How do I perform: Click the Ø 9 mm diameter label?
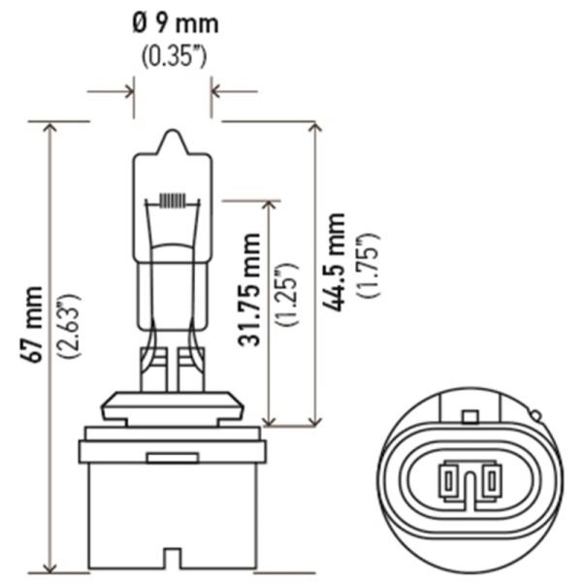pyautogui.click(x=176, y=24)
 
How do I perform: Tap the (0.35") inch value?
pyautogui.click(x=174, y=56)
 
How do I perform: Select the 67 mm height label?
pyautogui.click(x=32, y=325)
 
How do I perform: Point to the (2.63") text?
pyautogui.click(x=68, y=326)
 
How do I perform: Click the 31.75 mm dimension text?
pyautogui.click(x=249, y=289)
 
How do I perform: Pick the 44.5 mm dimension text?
pyautogui.click(x=334, y=262)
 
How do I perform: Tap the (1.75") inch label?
pyautogui.click(x=368, y=265)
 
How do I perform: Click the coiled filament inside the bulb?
pyautogui.click(x=172, y=201)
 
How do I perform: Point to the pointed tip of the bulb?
pyautogui.click(x=172, y=130)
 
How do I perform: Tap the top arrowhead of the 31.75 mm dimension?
pyautogui.click(x=270, y=206)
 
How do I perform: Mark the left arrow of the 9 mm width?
pyautogui.click(x=111, y=91)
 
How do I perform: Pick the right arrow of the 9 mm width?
pyautogui.click(x=234, y=91)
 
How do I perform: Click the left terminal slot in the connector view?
pyautogui.click(x=448, y=481)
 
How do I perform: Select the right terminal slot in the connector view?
pyautogui.click(x=492, y=481)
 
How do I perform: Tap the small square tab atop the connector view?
pyautogui.click(x=469, y=417)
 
